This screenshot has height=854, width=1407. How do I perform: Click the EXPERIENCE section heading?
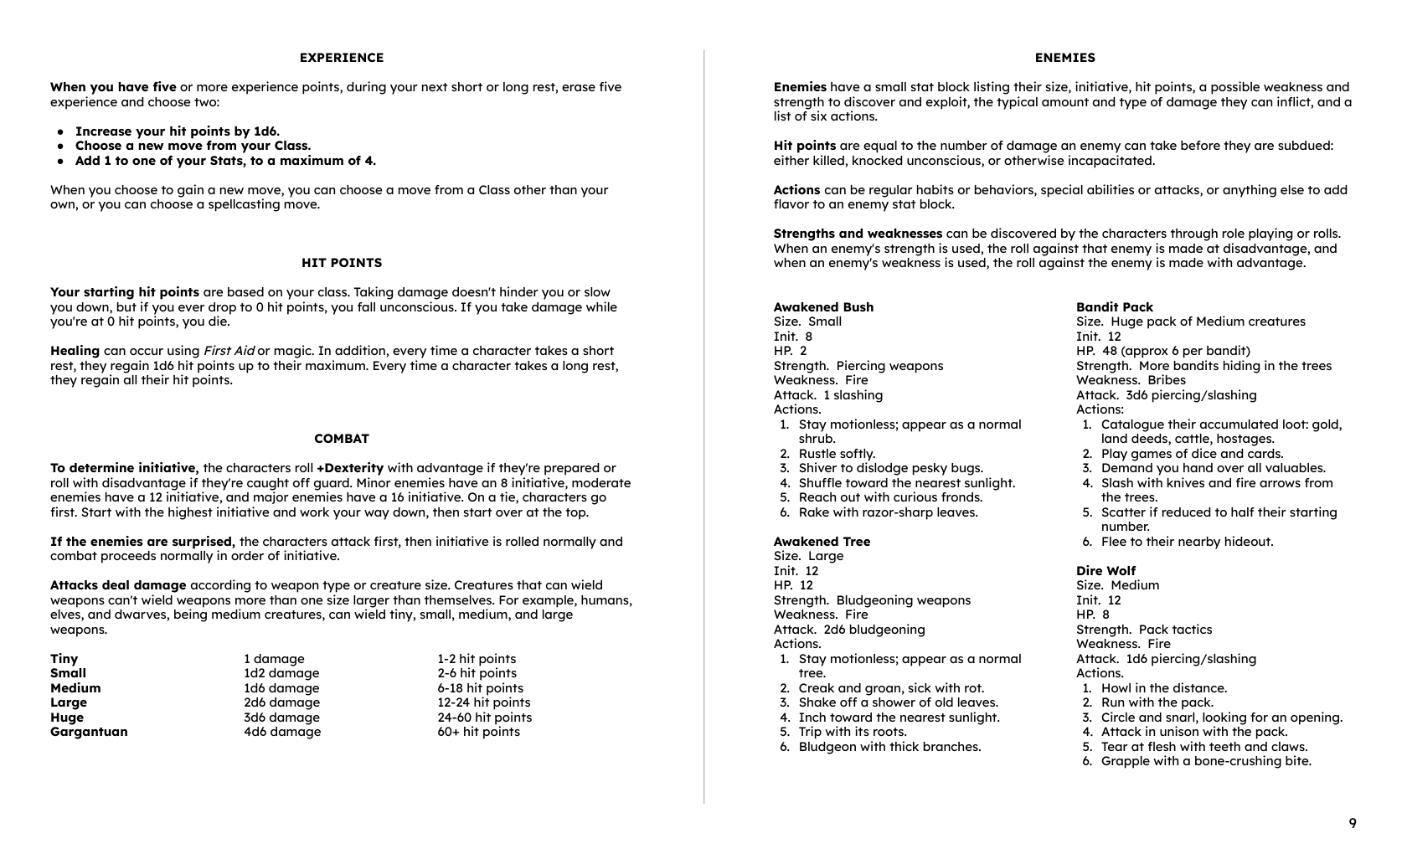(x=342, y=58)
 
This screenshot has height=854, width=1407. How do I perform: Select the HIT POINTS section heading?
(x=342, y=263)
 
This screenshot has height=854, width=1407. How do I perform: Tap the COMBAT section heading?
(x=342, y=439)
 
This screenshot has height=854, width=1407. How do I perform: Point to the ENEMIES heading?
(x=1064, y=58)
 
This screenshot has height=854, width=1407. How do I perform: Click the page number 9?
(x=1353, y=823)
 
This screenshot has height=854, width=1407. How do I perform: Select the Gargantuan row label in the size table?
(x=89, y=732)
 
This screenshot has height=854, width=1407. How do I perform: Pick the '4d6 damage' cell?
(x=282, y=732)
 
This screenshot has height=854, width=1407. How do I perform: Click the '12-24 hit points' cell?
(x=483, y=702)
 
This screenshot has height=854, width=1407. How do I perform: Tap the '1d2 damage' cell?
(x=281, y=673)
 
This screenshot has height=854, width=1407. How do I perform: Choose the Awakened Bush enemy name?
(x=823, y=307)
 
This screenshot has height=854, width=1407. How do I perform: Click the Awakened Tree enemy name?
(x=822, y=542)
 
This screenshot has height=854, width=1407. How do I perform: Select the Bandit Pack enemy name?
(x=1114, y=307)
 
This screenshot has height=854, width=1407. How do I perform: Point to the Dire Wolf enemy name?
(x=1105, y=571)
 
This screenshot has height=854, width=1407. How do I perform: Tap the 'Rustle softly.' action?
(x=837, y=454)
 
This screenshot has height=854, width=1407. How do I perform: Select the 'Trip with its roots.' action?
(x=853, y=732)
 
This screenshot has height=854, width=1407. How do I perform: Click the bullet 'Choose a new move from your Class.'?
(x=193, y=146)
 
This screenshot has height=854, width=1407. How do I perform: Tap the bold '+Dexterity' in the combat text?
(x=350, y=468)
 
